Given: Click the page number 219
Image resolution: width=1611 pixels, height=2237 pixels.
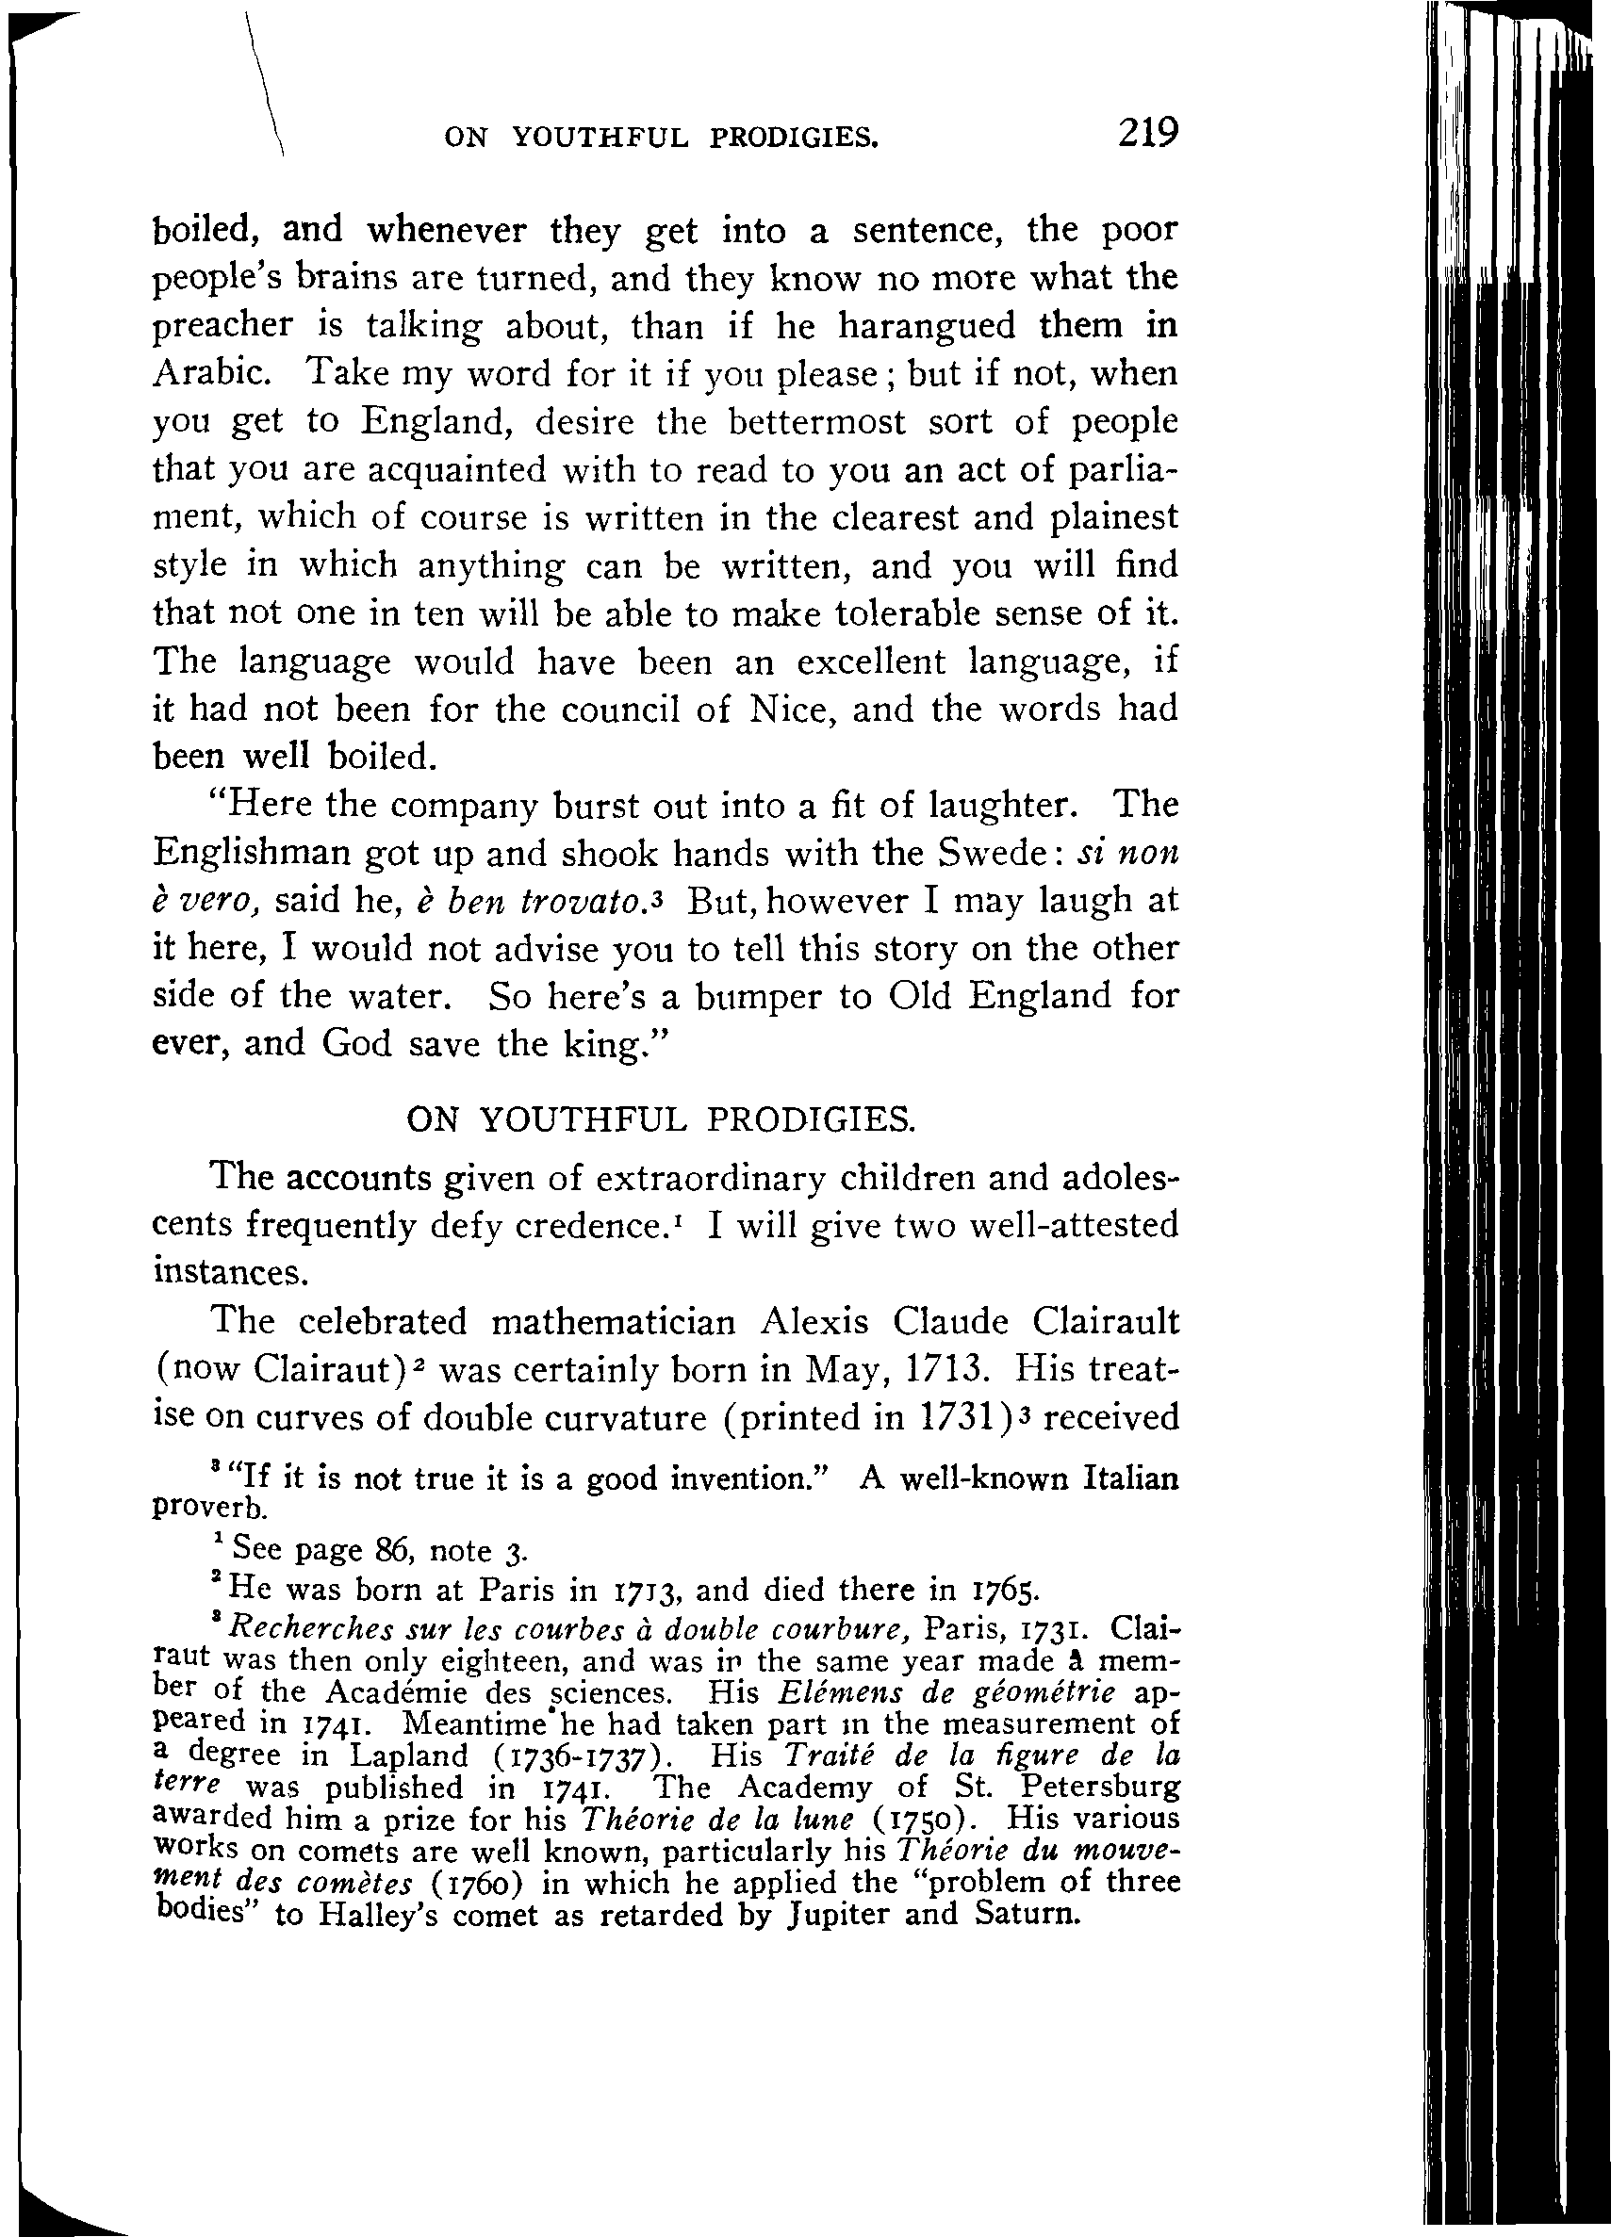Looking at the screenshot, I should (x=1148, y=131).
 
